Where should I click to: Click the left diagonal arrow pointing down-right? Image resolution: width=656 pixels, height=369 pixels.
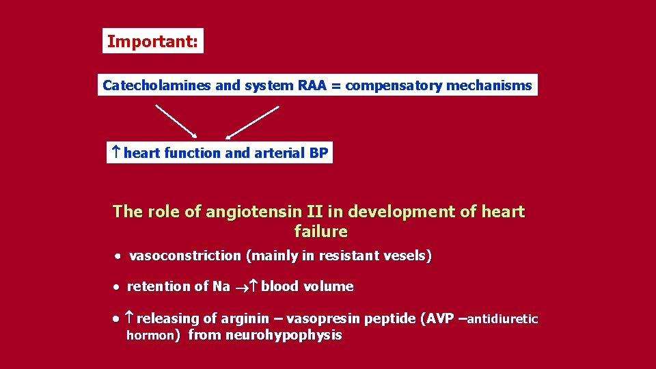tap(176, 122)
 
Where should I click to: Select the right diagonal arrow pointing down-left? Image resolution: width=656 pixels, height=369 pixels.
tap(252, 122)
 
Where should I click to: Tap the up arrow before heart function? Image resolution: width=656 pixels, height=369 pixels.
tap(116, 153)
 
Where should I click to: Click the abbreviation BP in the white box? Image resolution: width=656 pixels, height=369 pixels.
tap(318, 153)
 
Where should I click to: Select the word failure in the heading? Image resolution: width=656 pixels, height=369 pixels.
tap(320, 232)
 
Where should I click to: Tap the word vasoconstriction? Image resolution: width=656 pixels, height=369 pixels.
tap(185, 256)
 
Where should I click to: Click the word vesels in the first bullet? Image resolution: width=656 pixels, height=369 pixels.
tap(408, 256)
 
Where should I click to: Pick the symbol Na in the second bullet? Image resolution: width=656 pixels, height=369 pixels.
tap(221, 286)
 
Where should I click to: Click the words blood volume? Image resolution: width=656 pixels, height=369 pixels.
tap(307, 286)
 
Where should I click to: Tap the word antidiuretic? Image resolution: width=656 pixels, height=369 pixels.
tap(504, 319)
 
